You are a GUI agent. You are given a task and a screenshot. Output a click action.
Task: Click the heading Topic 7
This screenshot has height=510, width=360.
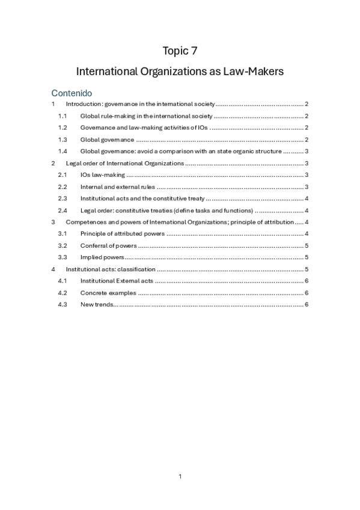coord(180,51)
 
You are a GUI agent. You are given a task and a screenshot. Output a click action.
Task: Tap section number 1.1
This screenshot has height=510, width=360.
coord(63,116)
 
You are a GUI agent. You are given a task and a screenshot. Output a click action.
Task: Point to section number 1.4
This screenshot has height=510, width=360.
coord(63,151)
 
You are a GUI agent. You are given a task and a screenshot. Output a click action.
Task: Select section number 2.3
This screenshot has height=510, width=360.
coord(63,198)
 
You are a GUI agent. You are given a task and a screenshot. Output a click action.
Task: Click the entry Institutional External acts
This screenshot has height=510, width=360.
coord(117,281)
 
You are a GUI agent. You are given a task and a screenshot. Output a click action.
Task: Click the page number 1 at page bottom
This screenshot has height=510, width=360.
coord(180,476)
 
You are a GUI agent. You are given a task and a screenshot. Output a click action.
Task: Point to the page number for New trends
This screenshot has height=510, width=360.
coord(307,304)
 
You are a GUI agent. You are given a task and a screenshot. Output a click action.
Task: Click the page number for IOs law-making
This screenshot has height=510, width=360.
coord(307,174)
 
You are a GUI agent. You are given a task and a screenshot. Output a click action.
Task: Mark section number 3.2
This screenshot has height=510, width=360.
coord(63,245)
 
